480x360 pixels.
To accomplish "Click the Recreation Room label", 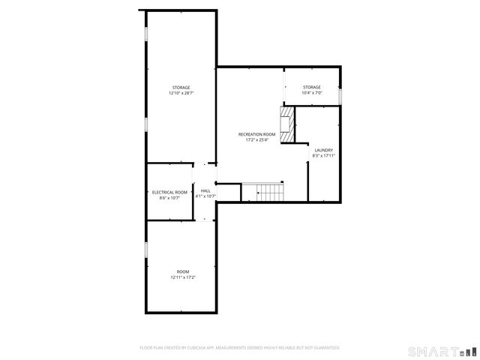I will pyautogui.click(x=256, y=134).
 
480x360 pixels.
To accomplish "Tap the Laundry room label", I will pyautogui.click(x=324, y=150).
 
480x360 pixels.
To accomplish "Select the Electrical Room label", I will pyautogui.click(x=169, y=192).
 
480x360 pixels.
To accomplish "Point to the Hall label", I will pyautogui.click(x=205, y=190).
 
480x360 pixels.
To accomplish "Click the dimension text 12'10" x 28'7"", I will pyautogui.click(x=181, y=94).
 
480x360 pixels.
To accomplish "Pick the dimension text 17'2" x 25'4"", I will pyautogui.click(x=256, y=140).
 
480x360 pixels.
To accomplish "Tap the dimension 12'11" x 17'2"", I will pyautogui.click(x=183, y=277).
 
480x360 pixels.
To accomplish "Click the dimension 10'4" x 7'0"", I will pyautogui.click(x=312, y=93).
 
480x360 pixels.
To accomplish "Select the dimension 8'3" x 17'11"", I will pyautogui.click(x=324, y=156).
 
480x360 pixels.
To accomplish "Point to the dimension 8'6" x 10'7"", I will pyautogui.click(x=169, y=198).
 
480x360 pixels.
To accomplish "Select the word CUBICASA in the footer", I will pyautogui.click(x=202, y=348).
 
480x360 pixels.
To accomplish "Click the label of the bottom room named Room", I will pyautogui.click(x=183, y=271).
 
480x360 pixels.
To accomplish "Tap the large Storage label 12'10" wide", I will pyautogui.click(x=181, y=88).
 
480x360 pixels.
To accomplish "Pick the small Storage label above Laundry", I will pyautogui.click(x=312, y=87).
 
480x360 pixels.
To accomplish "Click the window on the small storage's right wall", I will pyautogui.click(x=340, y=97).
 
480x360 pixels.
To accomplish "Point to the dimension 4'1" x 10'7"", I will pyautogui.click(x=205, y=196).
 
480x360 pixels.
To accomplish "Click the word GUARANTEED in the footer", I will pyautogui.click(x=323, y=348).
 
